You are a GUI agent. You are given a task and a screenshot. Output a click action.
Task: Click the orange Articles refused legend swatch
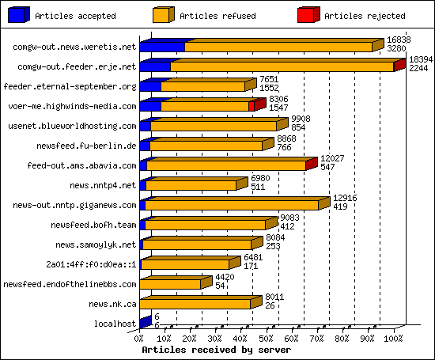pyautogui.click(x=164, y=14)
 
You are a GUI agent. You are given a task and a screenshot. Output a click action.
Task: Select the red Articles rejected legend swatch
pyautogui.click(x=308, y=14)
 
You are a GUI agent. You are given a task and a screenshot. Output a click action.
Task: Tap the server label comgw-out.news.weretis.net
pyautogui.click(x=74, y=47)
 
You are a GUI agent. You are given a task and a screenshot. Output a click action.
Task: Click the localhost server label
pyautogui.click(x=115, y=324)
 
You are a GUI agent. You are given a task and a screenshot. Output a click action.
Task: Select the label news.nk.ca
pyautogui.click(x=113, y=304)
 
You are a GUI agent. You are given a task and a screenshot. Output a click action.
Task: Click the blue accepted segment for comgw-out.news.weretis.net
pyautogui.click(x=162, y=47)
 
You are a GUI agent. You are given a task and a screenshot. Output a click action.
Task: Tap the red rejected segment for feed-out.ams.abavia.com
pyautogui.click(x=310, y=165)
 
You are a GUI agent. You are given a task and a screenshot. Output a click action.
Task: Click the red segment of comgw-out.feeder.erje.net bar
pyautogui.click(x=399, y=66)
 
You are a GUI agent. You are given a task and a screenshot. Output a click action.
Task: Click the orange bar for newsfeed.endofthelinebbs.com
pyautogui.click(x=171, y=284)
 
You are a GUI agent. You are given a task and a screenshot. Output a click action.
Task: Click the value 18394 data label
pyautogui.click(x=420, y=59)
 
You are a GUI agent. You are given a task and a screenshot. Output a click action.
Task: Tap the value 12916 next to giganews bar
pyautogui.click(x=345, y=198)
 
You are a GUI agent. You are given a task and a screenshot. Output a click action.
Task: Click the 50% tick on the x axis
pyautogui.click(x=268, y=339)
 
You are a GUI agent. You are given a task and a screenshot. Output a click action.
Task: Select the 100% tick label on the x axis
pyautogui.click(x=393, y=339)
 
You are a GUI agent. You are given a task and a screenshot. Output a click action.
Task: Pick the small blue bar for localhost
pyautogui.click(x=144, y=322)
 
